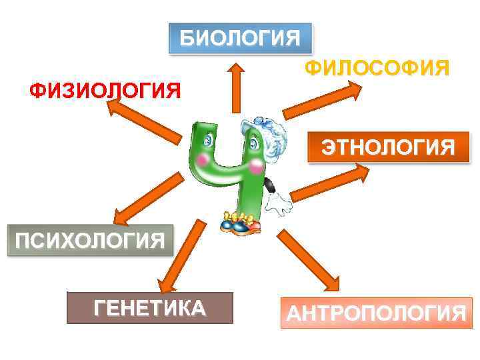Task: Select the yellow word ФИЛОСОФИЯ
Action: [377, 69]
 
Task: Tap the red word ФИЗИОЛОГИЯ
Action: [105, 89]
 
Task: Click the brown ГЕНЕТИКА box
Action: [150, 308]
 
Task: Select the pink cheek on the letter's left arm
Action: [201, 160]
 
